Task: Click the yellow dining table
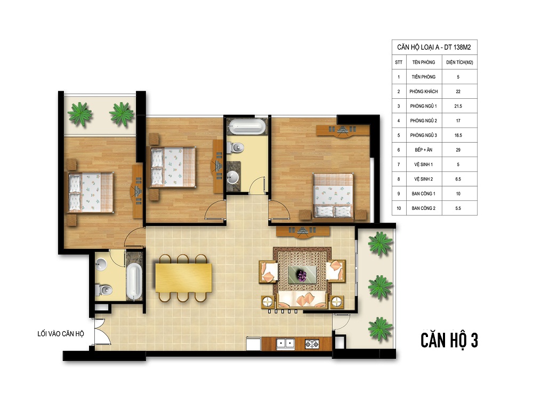183,278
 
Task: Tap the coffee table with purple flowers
302,275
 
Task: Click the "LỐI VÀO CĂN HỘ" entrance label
61,334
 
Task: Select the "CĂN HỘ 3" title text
449,340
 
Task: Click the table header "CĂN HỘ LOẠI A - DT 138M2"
434,48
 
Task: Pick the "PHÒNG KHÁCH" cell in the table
424,91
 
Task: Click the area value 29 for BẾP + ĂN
458,150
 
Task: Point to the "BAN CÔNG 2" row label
424,208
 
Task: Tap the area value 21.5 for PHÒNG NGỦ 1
458,106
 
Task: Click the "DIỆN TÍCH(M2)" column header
459,62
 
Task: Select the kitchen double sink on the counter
285,343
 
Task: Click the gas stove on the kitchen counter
312,344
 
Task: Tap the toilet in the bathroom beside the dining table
103,290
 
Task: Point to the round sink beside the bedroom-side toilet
233,177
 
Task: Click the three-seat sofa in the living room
302,300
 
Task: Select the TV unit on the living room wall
303,232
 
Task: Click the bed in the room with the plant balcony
91,192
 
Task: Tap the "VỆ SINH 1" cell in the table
424,165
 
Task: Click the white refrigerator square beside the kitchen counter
254,343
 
